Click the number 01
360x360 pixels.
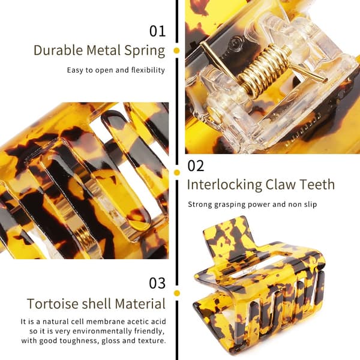point(157,31)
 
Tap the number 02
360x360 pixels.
point(196,166)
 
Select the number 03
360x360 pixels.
point(157,283)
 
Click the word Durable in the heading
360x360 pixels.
point(58,50)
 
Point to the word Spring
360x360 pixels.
point(145,51)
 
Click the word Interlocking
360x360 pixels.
point(224,185)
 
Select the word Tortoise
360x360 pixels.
point(53,304)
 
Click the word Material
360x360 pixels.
point(140,304)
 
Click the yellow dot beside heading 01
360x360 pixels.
point(176,50)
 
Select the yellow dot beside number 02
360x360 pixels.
point(177,172)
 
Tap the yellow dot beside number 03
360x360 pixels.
point(177,293)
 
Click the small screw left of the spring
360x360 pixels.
point(236,42)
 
